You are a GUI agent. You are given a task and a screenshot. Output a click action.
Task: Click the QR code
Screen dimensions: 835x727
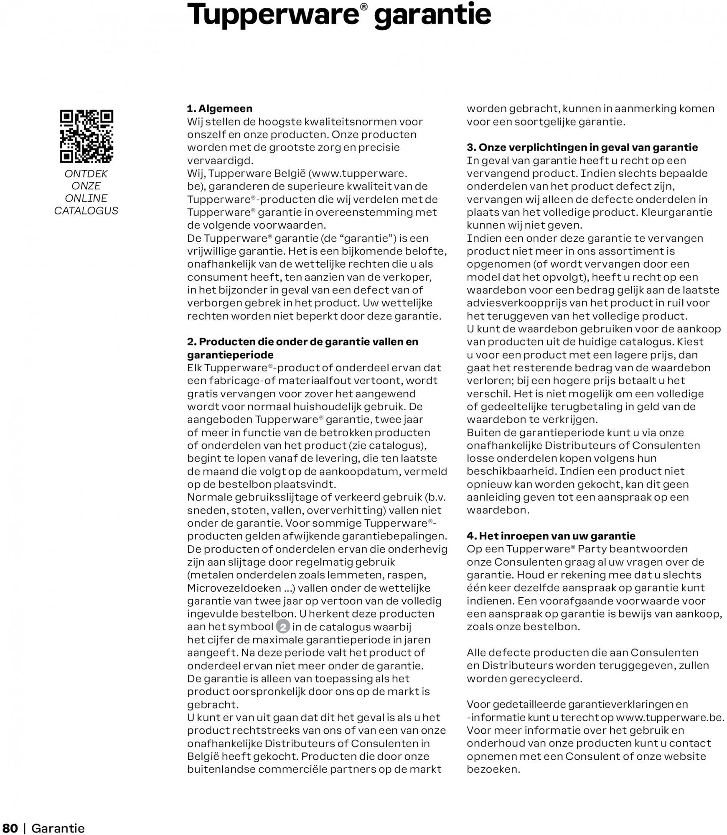point(86,136)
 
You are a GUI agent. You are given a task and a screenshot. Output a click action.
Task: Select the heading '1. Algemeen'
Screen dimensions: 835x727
point(220,109)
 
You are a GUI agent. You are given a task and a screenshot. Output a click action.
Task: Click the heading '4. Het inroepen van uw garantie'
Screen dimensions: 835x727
point(551,536)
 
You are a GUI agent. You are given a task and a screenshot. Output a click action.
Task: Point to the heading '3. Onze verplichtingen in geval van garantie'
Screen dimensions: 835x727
point(582,148)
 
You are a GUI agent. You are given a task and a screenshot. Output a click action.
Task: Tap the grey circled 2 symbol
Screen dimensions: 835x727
point(283,627)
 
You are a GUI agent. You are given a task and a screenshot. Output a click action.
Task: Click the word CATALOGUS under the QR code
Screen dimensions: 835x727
point(86,211)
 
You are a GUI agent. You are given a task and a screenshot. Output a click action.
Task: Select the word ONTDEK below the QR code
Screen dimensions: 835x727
point(86,174)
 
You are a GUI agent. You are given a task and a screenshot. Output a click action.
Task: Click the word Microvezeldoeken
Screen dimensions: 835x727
point(234,588)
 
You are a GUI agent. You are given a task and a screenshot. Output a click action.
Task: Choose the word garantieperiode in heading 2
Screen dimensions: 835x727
point(230,355)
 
